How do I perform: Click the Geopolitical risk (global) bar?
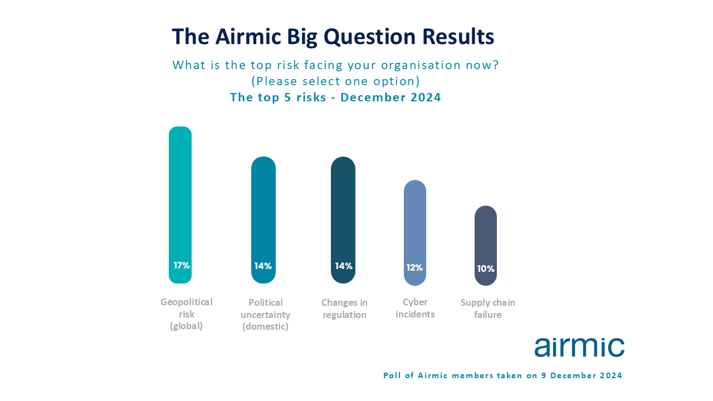pyautogui.click(x=180, y=205)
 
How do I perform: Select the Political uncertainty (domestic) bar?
pyautogui.click(x=263, y=220)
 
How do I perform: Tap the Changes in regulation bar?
pyautogui.click(x=343, y=220)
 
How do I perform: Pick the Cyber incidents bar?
pyautogui.click(x=415, y=233)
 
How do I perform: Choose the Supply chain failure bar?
pyautogui.click(x=486, y=246)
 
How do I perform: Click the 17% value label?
pyautogui.click(x=182, y=266)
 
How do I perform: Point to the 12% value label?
pyautogui.click(x=414, y=268)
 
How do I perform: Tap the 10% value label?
pyautogui.click(x=486, y=269)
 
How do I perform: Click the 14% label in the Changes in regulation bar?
pyautogui.click(x=344, y=266)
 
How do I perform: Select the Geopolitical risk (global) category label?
pyautogui.click(x=186, y=314)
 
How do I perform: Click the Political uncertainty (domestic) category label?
pyautogui.click(x=266, y=315)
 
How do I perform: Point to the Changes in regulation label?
pyautogui.click(x=344, y=309)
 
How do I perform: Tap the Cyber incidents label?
pyautogui.click(x=415, y=308)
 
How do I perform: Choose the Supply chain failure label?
pyautogui.click(x=487, y=309)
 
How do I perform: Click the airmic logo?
pyautogui.click(x=579, y=347)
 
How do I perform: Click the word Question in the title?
pyautogui.click(x=369, y=37)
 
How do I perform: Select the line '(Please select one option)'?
pyautogui.click(x=336, y=81)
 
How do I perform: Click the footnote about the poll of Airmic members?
pyautogui.click(x=502, y=375)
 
